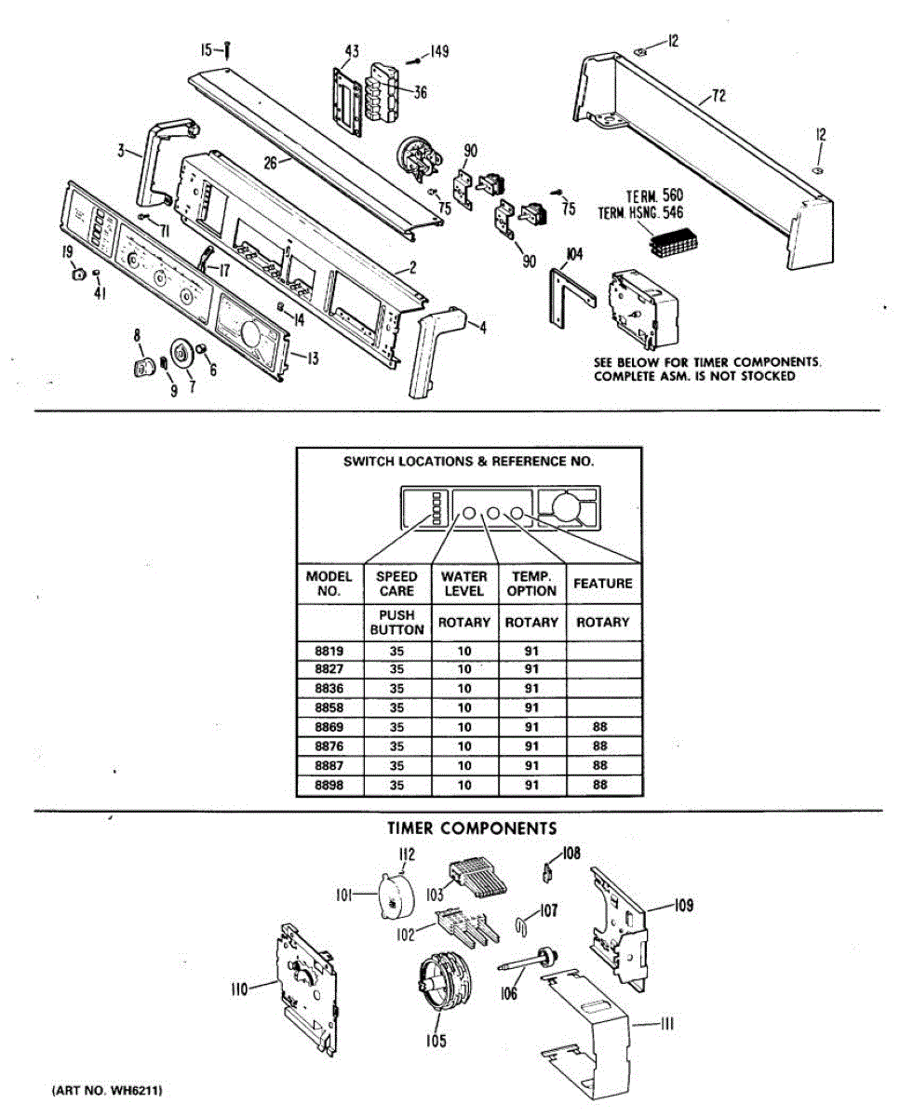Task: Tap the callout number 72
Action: pos(718,96)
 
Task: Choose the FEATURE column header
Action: pos(602,584)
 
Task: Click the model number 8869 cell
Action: pos(329,727)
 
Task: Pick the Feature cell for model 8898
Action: pos(600,786)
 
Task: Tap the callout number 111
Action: pos(666,1025)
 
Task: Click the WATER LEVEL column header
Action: pos(463,584)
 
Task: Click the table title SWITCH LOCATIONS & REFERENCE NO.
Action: pos(468,461)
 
